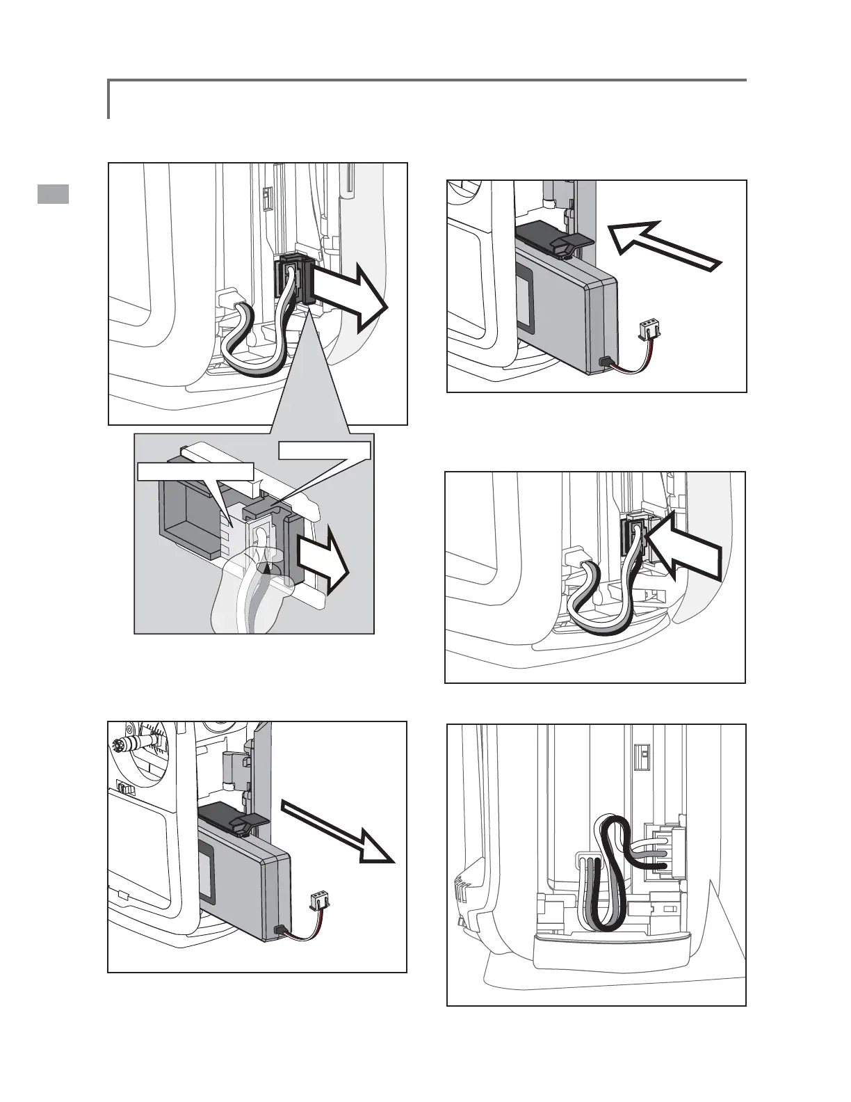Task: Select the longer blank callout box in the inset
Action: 195,472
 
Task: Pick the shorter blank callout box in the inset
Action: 324,451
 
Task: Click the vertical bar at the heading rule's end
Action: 109,99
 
